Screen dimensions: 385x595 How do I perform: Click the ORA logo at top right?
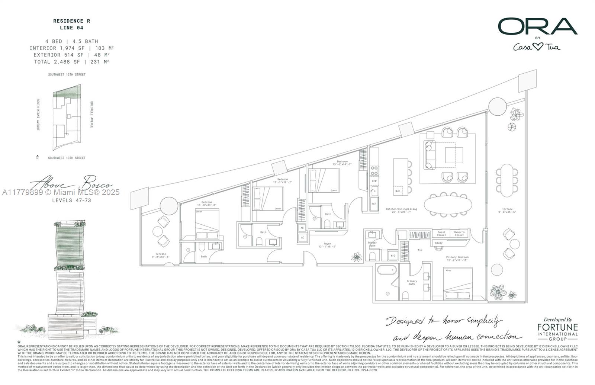coord(537,26)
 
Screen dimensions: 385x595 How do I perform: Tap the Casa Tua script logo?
coord(536,47)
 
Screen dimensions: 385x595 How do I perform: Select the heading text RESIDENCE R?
coord(71,21)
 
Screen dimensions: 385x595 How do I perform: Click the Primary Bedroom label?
coord(457,259)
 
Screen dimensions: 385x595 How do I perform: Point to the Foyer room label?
coord(327,245)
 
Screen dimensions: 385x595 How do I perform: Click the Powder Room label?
coord(372,244)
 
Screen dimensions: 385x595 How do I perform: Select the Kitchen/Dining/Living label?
coord(401,211)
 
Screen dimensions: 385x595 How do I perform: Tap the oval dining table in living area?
coord(448,204)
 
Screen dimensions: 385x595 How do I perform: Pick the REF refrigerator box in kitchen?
coord(374,204)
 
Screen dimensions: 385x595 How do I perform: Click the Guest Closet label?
coord(441,234)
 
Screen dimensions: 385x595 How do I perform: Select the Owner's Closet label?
coord(459,234)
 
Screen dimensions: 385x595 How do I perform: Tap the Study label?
coord(439,243)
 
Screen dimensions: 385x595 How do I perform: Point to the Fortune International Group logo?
coord(557,330)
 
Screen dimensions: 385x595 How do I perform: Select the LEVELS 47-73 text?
coord(71,200)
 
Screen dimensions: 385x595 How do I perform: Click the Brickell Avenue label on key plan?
coord(91,115)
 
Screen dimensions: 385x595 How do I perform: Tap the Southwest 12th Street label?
coord(67,74)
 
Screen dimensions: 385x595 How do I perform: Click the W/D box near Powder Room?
coord(393,256)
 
